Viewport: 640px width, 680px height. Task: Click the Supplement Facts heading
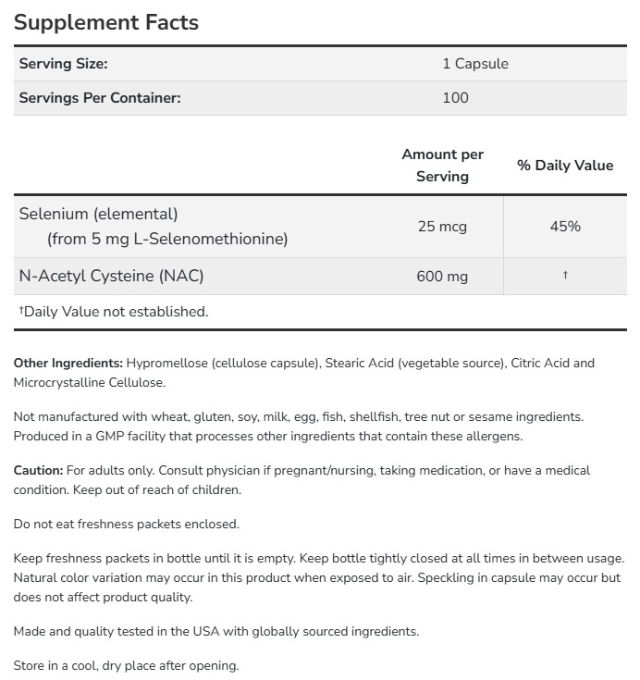(x=106, y=22)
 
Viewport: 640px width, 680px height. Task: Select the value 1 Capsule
(x=474, y=64)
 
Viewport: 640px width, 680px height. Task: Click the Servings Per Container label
(x=100, y=98)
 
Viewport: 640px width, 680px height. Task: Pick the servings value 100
(x=455, y=98)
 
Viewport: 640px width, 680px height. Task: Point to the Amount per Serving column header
(x=442, y=165)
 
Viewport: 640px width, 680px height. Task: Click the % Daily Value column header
(x=564, y=165)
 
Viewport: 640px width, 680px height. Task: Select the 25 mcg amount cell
(x=442, y=226)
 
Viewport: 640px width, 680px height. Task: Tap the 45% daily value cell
(x=564, y=226)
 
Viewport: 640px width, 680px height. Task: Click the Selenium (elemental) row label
(x=98, y=214)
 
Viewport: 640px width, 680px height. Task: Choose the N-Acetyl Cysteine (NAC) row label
(x=111, y=276)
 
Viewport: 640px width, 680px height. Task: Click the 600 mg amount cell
(x=442, y=276)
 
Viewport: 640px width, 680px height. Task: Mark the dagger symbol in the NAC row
(x=564, y=275)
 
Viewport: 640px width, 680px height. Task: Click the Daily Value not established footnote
(x=114, y=312)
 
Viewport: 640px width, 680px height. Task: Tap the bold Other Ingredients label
(x=68, y=363)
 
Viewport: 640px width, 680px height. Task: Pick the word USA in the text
(x=198, y=631)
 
